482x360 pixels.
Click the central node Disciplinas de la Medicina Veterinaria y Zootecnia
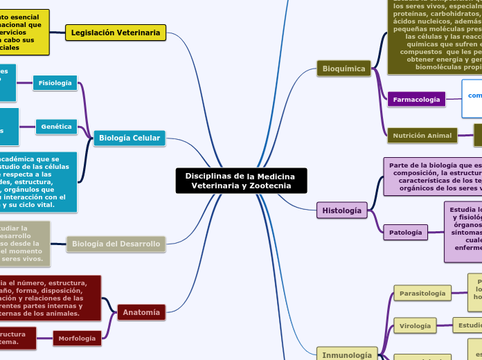tap(240, 181)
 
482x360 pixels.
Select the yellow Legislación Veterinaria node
tap(116, 33)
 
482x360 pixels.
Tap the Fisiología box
tap(55, 83)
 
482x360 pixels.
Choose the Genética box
tap(57, 127)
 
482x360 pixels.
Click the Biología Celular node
tap(130, 138)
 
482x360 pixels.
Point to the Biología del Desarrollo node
tap(116, 244)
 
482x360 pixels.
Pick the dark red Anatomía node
tap(141, 312)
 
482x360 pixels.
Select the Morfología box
tap(77, 339)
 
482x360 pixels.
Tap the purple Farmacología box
tap(416, 100)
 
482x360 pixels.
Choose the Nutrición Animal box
tap(422, 136)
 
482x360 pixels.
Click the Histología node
tap(341, 210)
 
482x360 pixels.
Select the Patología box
tap(405, 233)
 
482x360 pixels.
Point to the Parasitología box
tap(422, 294)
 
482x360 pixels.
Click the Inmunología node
tap(347, 355)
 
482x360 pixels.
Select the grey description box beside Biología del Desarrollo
tap(25, 244)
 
